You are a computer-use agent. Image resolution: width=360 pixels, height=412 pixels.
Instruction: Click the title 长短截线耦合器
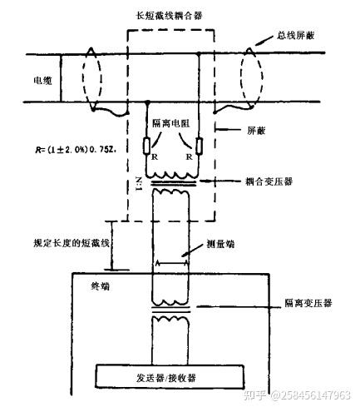172,14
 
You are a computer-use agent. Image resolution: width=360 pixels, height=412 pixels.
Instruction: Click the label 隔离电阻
172,125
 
